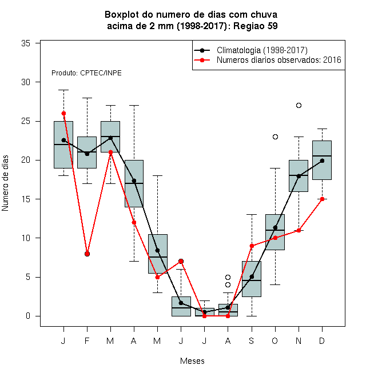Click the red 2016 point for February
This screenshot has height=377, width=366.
coord(87,254)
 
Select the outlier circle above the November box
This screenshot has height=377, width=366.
coord(299,105)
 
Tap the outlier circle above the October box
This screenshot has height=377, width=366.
coord(275,137)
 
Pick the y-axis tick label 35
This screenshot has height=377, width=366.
coord(26,43)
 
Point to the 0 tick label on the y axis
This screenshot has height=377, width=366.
coord(28,316)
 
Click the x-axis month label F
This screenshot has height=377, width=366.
coord(87,340)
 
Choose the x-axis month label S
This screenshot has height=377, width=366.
coord(252,340)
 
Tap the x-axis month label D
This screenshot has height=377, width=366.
coord(322,340)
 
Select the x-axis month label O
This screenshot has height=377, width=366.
coord(274,340)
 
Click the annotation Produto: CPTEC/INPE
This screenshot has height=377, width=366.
coord(86,73)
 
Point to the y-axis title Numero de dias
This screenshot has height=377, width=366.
coord(5,183)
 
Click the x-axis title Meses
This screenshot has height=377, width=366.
coord(192,361)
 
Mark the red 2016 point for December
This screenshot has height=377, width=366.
coord(322,199)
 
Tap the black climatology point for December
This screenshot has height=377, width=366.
coord(322,161)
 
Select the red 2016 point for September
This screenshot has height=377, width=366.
coord(252,246)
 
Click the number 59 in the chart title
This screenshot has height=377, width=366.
coord(273,26)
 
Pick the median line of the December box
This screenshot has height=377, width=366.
coord(322,156)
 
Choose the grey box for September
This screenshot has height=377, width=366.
coord(252,279)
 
